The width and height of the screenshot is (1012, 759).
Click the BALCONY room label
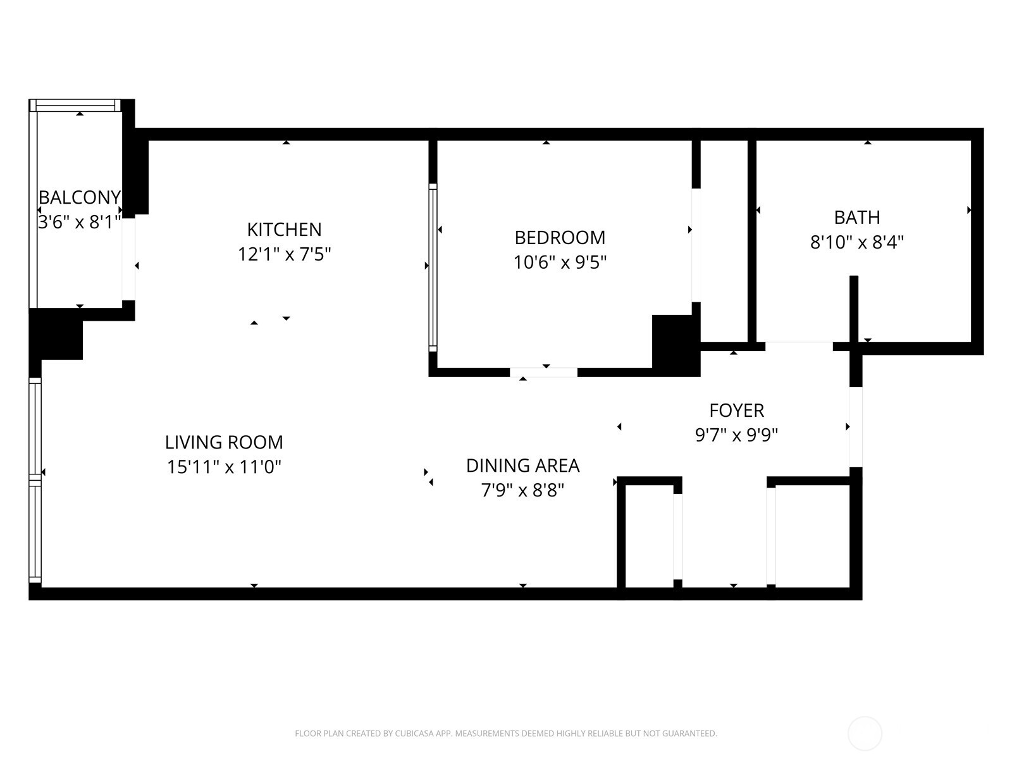point(79,197)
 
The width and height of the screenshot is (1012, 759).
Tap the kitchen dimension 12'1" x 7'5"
point(285,254)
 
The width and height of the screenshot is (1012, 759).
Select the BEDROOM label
point(560,238)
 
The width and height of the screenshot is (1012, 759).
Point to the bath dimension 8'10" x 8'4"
point(857,242)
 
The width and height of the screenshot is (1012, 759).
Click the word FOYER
point(737,410)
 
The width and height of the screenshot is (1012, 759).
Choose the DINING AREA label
point(522,466)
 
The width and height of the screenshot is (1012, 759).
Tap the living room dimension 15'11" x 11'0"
point(224,467)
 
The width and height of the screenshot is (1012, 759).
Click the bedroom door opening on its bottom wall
point(543,372)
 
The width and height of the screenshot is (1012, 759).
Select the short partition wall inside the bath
point(853,310)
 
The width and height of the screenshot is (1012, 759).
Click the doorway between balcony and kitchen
point(128,259)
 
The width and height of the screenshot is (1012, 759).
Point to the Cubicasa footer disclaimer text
point(505,734)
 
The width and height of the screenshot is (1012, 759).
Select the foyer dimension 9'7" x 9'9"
point(737,435)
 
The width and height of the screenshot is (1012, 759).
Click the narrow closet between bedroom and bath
point(724,240)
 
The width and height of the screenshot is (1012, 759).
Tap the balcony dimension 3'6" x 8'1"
point(79,223)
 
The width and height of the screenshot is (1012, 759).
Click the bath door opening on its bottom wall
point(799,346)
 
